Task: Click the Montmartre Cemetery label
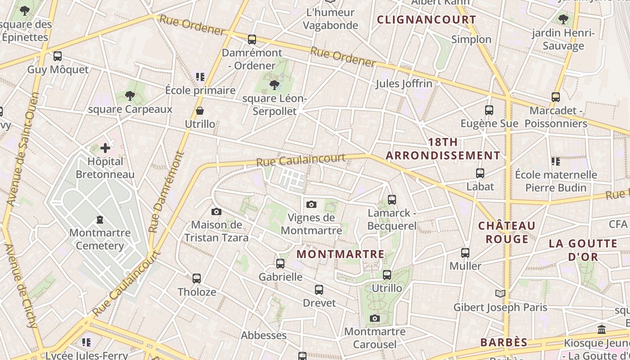pos(100,239)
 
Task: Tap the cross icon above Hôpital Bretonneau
pos(105,148)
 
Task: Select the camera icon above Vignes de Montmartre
pos(311,205)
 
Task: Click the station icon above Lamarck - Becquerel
pos(392,199)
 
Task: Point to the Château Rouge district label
pos(507,232)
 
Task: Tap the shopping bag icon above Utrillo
pos(200,111)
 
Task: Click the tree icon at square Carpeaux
pos(130,95)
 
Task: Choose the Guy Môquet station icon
pos(58,56)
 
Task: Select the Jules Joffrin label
pos(404,84)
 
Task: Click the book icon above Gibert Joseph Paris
pos(500,294)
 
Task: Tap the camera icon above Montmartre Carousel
pos(374,319)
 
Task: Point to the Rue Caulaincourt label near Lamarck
pos(301,160)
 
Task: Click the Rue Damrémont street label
pos(166,191)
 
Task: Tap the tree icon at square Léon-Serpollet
pos(274,85)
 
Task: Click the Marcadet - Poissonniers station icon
pos(556,97)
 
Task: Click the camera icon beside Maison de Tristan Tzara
pos(216,211)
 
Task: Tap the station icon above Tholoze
pos(197,279)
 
